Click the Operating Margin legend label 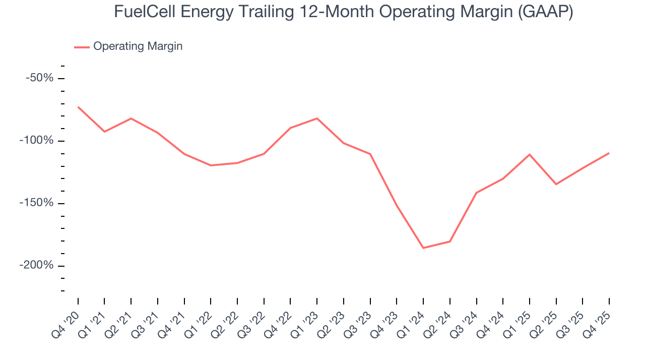point(138,46)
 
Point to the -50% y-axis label point(40,78)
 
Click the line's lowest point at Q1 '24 point(423,248)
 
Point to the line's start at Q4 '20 point(78,107)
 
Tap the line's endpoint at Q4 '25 point(609,153)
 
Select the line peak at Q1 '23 point(317,118)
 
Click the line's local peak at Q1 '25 point(529,154)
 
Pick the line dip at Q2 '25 point(556,184)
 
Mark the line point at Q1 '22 point(211,165)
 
